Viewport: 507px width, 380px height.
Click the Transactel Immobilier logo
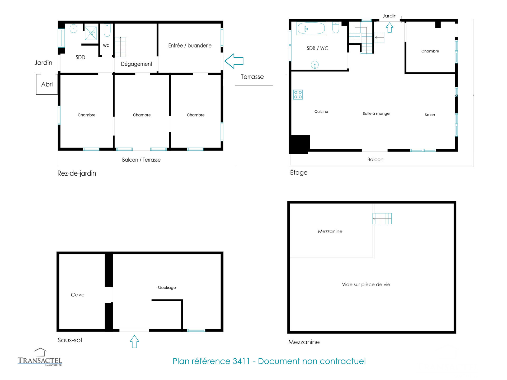40,357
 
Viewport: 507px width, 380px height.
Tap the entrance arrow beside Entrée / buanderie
234,61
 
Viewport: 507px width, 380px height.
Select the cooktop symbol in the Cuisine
298,95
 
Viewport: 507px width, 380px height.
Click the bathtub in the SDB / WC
311,28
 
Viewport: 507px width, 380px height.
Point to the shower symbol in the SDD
91,33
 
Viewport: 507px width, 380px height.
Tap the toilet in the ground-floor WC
107,30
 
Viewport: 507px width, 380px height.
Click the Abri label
47,84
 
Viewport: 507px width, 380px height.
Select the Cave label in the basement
78,295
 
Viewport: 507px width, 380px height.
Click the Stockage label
167,288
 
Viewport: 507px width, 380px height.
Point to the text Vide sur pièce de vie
366,284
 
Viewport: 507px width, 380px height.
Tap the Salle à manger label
377,113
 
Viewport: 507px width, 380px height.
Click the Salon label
430,115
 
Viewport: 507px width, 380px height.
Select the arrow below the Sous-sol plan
134,342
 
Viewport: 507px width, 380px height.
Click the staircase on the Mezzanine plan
382,218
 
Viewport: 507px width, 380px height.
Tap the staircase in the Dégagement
120,47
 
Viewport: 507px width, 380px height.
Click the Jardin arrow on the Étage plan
389,27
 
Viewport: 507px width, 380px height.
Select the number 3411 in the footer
241,361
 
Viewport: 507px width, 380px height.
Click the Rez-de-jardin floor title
77,173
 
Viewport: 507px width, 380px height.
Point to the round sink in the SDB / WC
315,65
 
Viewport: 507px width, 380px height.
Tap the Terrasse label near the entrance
252,77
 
